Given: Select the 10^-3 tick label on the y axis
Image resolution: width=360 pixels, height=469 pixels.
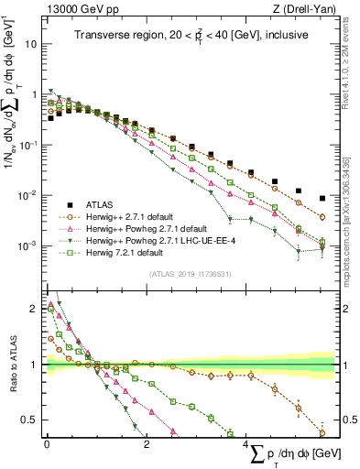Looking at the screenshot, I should pyautogui.click(x=27, y=245).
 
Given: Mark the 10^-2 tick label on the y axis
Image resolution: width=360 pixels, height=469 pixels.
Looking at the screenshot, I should pyautogui.click(x=27, y=195).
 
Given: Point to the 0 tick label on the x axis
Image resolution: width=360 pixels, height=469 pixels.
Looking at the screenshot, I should pyautogui.click(x=47, y=443).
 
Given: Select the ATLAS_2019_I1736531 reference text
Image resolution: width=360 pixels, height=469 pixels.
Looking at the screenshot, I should pyautogui.click(x=191, y=273).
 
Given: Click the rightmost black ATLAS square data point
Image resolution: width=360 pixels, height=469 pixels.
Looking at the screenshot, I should pyautogui.click(x=322, y=198).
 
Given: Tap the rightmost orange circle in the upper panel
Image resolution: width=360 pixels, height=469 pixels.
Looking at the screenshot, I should pyautogui.click(x=322, y=217).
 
